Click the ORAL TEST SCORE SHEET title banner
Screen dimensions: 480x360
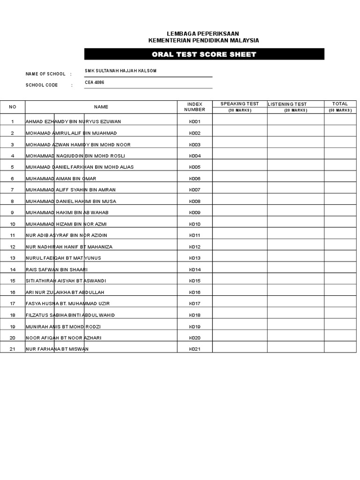(204, 54)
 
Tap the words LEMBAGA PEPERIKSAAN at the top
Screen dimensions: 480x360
(203, 34)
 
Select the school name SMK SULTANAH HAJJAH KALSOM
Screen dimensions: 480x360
(120, 71)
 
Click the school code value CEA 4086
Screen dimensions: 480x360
(94, 82)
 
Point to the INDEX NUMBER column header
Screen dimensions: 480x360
(195, 106)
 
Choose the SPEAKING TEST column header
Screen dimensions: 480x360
(240, 104)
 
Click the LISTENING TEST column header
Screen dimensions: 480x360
(287, 104)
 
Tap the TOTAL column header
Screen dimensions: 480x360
(340, 104)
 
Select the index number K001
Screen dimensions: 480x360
(195, 121)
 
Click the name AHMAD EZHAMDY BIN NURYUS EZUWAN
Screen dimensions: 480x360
(73, 121)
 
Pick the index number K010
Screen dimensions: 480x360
(195, 224)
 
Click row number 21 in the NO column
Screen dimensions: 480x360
(13, 349)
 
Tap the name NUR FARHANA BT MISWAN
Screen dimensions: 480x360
(57, 349)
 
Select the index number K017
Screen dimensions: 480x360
(195, 304)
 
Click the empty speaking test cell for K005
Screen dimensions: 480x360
(240, 167)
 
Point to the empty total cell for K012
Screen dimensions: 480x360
(340, 247)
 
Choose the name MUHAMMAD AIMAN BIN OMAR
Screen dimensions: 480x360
(60, 179)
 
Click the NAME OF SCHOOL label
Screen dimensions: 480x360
(45, 74)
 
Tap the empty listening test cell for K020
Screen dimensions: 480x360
(295, 338)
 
